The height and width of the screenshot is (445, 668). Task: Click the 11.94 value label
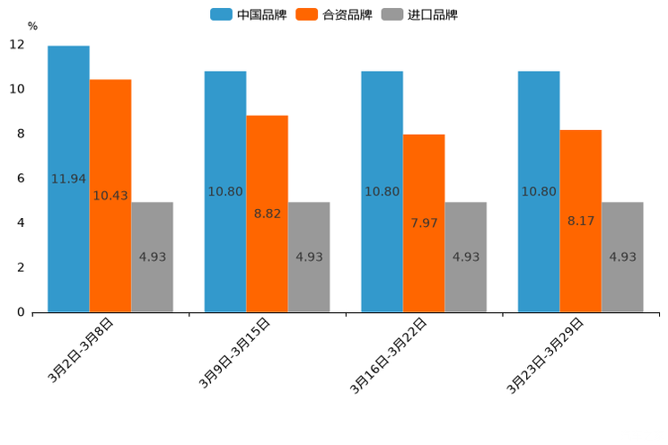click(68, 179)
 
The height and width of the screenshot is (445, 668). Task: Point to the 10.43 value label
click(110, 196)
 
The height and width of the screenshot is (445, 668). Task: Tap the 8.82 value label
click(268, 214)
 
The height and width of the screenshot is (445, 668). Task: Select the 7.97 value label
click(424, 223)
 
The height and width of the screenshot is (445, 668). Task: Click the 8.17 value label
click(581, 221)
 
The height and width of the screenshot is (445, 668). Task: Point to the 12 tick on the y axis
click(17, 45)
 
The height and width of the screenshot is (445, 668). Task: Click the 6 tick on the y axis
click(21, 179)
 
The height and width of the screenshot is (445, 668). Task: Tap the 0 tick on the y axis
click(21, 312)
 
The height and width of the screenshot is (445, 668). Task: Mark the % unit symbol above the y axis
click(32, 26)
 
